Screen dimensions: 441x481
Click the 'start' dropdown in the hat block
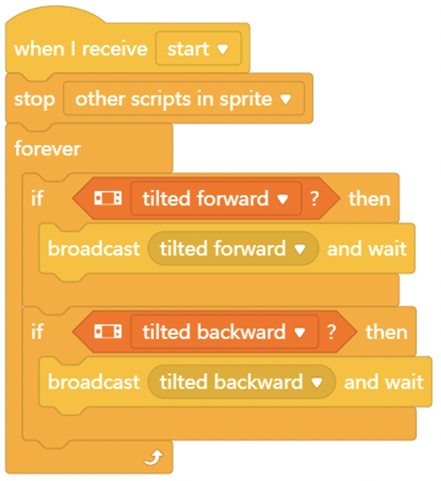[x=199, y=48]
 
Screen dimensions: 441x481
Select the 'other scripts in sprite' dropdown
[x=184, y=99]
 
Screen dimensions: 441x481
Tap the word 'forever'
[x=47, y=149]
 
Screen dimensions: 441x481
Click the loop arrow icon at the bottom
[x=154, y=458]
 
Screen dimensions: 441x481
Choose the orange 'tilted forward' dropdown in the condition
[x=216, y=199]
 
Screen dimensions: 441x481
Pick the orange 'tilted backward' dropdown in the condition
[x=224, y=332]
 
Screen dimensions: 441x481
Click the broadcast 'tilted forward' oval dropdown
[x=233, y=248]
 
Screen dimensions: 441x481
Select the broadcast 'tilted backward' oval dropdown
[x=241, y=382]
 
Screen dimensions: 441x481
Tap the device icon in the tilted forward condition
[x=108, y=198]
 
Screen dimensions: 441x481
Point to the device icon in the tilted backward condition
[x=108, y=331]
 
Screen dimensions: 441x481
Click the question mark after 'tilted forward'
[x=314, y=199]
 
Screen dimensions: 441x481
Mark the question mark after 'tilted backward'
[x=331, y=332]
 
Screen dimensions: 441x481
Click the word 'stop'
[x=35, y=100]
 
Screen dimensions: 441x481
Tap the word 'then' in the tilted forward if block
[x=370, y=199]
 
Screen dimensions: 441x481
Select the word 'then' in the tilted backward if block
[x=387, y=332]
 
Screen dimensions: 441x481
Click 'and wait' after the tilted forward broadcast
[x=367, y=248]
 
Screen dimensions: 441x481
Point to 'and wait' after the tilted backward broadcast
[x=384, y=382]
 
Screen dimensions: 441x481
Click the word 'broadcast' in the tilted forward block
[x=94, y=248]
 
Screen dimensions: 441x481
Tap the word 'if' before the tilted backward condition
[x=37, y=331]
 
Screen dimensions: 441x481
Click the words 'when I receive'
[x=81, y=49]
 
